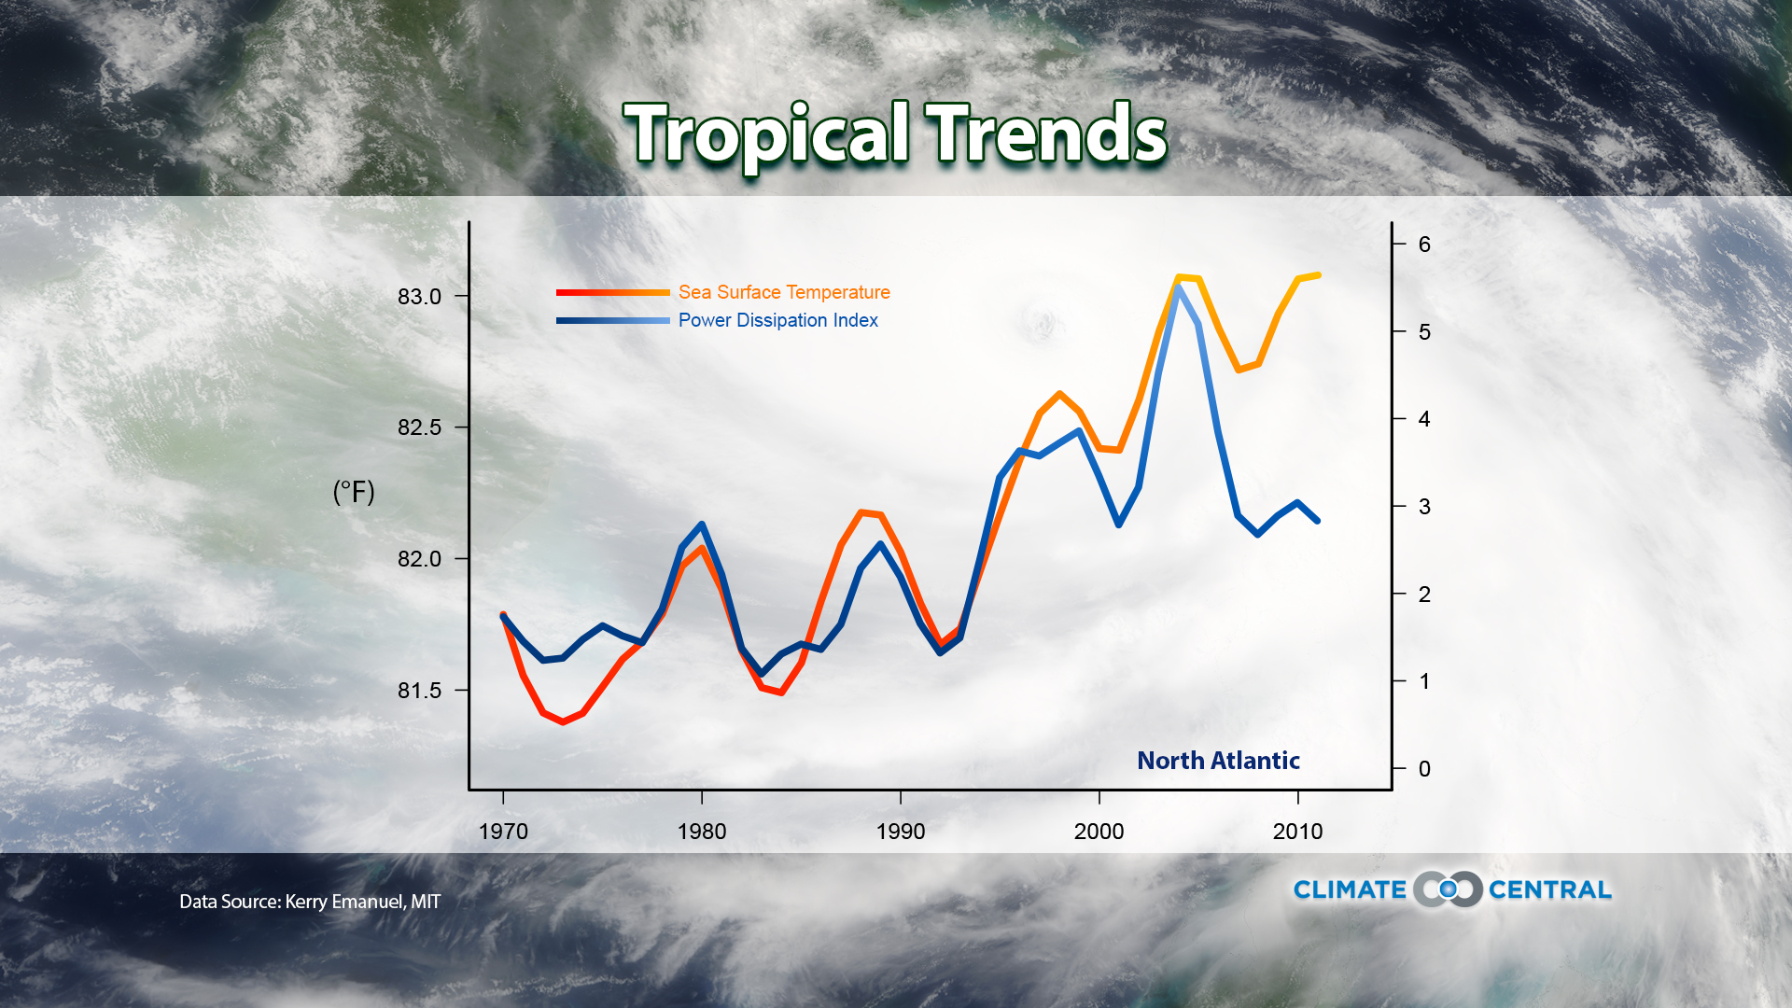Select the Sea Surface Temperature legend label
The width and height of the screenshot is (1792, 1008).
(784, 292)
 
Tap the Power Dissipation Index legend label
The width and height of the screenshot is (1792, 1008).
(777, 320)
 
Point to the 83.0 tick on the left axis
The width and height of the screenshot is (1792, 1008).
(419, 297)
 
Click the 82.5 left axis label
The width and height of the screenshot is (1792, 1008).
(419, 427)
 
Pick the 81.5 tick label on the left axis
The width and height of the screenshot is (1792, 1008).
(419, 691)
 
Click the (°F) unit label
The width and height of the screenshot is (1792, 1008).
(354, 492)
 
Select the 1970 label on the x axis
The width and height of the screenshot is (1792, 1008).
(503, 832)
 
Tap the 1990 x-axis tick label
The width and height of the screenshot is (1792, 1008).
(900, 832)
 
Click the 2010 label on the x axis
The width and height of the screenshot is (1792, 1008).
(1297, 832)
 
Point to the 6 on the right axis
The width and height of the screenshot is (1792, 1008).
(1424, 245)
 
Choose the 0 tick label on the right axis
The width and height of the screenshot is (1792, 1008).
(1424, 769)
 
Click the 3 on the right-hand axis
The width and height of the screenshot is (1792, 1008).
(1424, 507)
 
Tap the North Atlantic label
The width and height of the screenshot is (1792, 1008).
(1218, 761)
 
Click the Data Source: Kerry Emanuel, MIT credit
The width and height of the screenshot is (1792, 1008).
(310, 902)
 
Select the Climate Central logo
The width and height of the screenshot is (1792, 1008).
(1452, 889)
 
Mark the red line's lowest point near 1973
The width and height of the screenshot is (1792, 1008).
(563, 721)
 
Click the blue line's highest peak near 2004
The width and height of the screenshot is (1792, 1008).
(1179, 287)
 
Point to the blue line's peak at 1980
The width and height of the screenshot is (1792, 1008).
(702, 525)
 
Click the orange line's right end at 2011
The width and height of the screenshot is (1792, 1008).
(1318, 275)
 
